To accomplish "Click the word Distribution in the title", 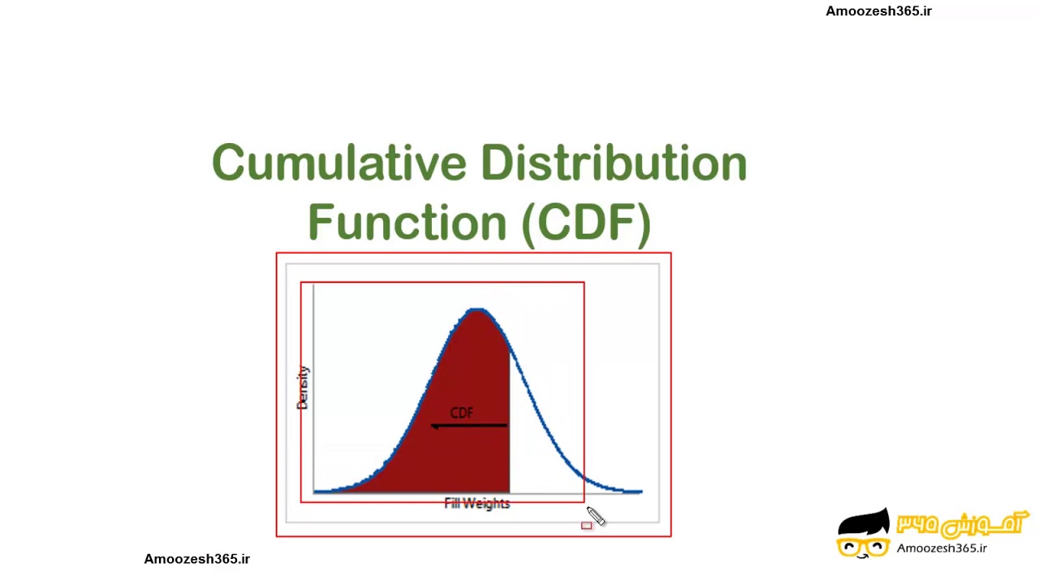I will [614, 163].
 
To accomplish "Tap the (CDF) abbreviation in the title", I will [586, 222].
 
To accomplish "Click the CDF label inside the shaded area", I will [461, 413].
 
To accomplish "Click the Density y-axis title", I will [303, 388].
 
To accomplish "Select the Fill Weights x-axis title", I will [477, 504].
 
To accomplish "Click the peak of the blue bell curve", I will [477, 310].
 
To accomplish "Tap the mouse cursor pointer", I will [595, 516].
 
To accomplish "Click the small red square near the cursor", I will [587, 526].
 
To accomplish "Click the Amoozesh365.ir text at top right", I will [878, 11].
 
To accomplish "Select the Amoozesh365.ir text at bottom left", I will [197, 559].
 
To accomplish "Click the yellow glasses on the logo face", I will [862, 547].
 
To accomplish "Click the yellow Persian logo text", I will [961, 525].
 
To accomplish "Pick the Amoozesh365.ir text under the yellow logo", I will [942, 548].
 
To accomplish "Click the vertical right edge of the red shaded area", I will [509, 422].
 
